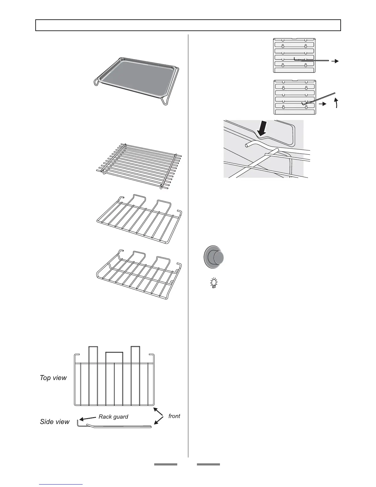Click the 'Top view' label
[x=53, y=378]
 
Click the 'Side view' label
[x=55, y=422]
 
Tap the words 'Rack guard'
[x=113, y=417]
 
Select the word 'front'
[x=174, y=416]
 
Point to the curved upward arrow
[x=337, y=103]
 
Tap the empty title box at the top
[x=188, y=25]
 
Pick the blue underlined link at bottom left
[x=61, y=485]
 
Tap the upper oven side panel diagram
[x=294, y=55]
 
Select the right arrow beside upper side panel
[x=335, y=61]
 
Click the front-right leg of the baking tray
[x=165, y=101]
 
